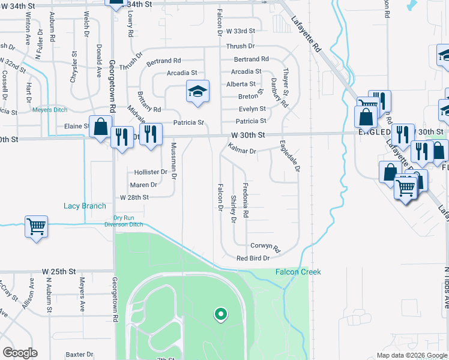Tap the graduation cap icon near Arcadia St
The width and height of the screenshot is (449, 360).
click(x=197, y=91)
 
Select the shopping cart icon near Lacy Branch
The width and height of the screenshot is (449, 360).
click(x=36, y=227)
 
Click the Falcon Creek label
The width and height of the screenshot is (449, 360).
click(x=298, y=272)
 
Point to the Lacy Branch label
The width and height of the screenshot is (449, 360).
click(x=85, y=206)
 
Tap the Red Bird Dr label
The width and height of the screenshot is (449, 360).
click(x=254, y=258)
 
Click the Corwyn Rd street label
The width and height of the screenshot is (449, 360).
click(x=265, y=246)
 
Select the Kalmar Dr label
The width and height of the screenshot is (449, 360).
click(x=243, y=151)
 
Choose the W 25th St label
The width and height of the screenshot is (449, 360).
click(x=59, y=271)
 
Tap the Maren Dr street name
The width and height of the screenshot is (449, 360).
click(x=143, y=185)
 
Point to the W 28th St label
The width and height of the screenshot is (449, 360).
click(x=134, y=197)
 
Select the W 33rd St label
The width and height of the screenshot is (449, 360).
click(x=241, y=31)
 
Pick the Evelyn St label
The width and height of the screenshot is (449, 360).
click(x=252, y=109)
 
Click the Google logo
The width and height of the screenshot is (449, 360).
click(x=19, y=353)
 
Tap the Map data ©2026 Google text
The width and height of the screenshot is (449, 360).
click(x=411, y=355)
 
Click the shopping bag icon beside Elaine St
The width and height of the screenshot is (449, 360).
click(x=100, y=127)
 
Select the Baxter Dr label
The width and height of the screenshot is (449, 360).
click(x=79, y=355)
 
